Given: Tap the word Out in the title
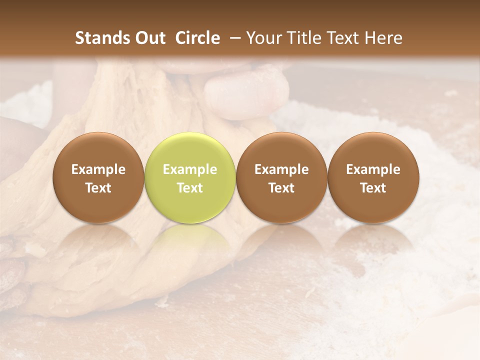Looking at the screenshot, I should [x=149, y=38].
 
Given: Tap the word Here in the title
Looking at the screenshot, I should [x=383, y=38].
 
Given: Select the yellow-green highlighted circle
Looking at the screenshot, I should [x=190, y=177].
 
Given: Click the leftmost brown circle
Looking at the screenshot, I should [x=98, y=177].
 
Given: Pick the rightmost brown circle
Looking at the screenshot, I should [x=373, y=177].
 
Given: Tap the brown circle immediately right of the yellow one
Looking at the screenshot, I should [x=281, y=177].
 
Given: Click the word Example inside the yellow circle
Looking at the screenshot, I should [x=190, y=169].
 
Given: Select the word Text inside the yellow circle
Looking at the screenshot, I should [x=190, y=188].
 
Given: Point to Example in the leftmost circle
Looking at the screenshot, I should [x=98, y=169].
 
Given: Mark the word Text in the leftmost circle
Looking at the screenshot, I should [x=98, y=188].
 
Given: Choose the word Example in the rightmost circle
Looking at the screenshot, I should [x=373, y=169].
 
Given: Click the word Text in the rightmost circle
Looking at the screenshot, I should [x=373, y=188].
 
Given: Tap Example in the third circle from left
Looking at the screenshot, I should [x=281, y=169].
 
